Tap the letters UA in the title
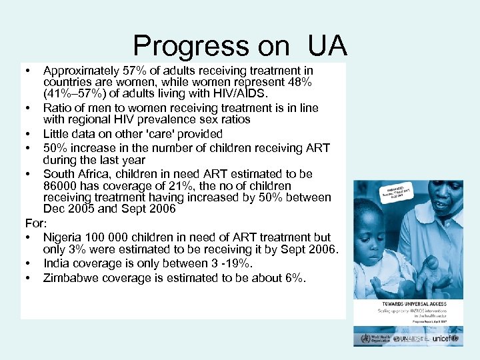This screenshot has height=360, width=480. [327, 46]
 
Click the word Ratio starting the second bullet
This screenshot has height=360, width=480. [58, 108]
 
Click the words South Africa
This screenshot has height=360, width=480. [81, 173]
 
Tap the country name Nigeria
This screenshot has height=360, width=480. [64, 237]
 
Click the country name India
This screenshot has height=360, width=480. [57, 264]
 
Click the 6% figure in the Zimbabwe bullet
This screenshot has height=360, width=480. [293, 278]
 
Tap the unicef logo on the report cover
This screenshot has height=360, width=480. [445, 339]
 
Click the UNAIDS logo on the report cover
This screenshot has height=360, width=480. [408, 339]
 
